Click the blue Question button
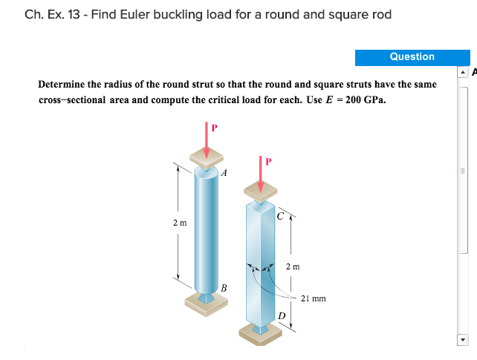tap(412, 57)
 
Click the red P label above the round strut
tap(215, 128)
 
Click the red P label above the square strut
tap(269, 160)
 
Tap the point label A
tap(224, 172)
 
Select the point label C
tap(279, 217)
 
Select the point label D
tap(282, 316)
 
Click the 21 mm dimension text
tap(314, 298)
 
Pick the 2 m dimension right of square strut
tap(293, 266)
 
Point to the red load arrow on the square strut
tap(260, 174)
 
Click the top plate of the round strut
tap(207, 156)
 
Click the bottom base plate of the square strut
tap(260, 332)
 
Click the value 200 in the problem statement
tap(357, 99)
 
